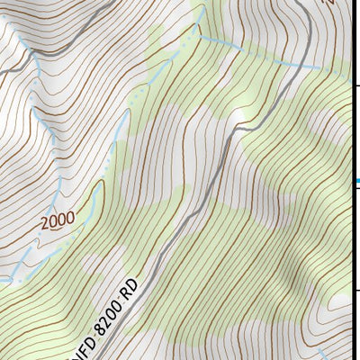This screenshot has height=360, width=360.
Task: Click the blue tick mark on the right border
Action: click(x=356, y=183)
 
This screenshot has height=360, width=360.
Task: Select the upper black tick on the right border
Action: click(x=356, y=85)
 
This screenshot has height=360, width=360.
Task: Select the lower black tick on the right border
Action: click(x=356, y=290)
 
